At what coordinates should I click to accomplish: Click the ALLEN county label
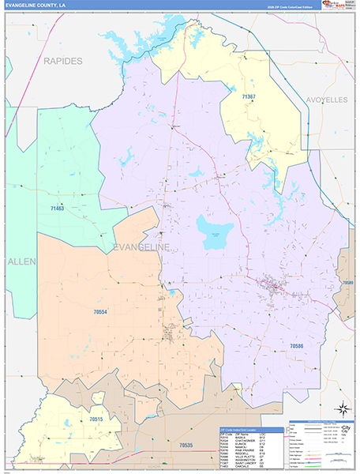[17, 260]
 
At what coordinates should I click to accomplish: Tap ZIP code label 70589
[348, 282]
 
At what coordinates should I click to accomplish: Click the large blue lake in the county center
[212, 231]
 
